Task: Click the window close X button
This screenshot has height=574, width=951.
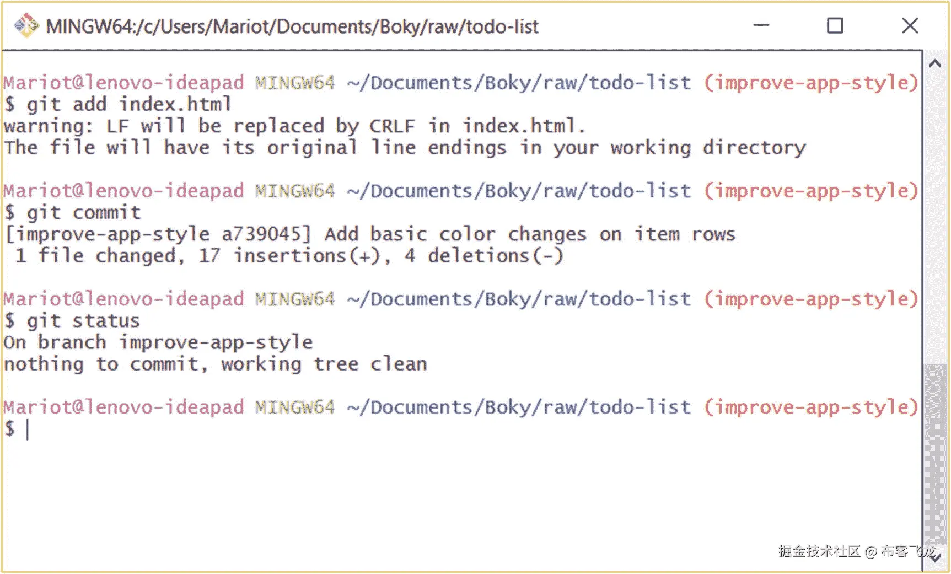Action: pos(910,26)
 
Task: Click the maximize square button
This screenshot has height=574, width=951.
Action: pos(835,26)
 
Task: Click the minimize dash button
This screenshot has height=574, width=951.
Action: pos(761,25)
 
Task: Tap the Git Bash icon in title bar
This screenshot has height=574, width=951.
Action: pos(26,26)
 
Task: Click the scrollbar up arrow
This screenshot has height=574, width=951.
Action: pos(934,63)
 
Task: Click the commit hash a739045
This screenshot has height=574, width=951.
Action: pos(266,234)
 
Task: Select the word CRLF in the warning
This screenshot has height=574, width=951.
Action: pos(392,126)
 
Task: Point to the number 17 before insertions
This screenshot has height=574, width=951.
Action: pos(209,256)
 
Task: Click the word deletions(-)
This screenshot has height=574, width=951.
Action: pos(496,256)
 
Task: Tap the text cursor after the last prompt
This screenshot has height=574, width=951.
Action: pos(28,429)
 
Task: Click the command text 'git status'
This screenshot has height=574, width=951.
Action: pos(83,321)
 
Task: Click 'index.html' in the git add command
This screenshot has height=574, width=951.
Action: pos(175,104)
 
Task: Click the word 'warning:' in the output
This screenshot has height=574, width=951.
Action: pos(49,126)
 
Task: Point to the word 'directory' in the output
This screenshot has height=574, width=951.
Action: pos(754,148)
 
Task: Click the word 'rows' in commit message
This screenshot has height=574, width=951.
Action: pos(713,234)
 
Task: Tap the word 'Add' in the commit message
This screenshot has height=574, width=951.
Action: pos(341,234)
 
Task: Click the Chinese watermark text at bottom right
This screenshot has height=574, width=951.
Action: pos(857,551)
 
